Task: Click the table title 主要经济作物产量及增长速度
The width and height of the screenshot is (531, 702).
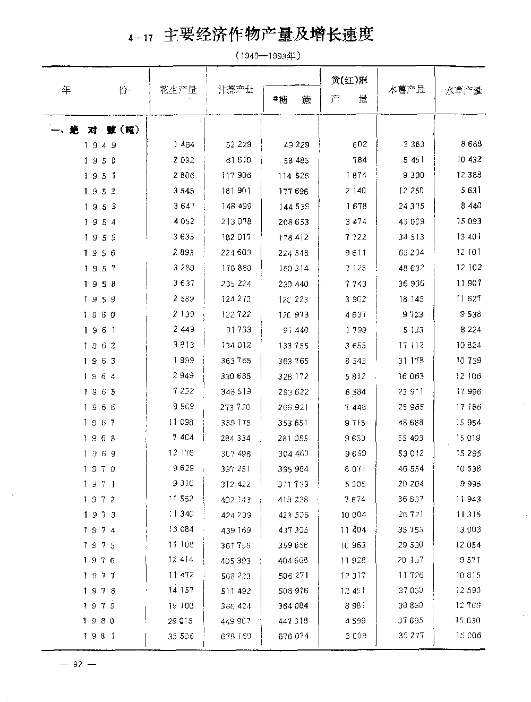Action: click(269, 35)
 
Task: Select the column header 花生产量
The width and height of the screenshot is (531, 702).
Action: click(178, 90)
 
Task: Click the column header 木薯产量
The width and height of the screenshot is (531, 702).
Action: click(406, 90)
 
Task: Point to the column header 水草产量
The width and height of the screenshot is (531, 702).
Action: click(463, 91)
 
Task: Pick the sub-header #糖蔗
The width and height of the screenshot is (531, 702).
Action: click(292, 100)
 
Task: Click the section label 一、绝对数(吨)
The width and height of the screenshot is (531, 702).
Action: click(95, 130)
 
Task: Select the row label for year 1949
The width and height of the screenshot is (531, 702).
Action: click(100, 145)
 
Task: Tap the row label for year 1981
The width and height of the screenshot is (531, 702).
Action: click(100, 636)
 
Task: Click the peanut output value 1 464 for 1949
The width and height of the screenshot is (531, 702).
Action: click(184, 144)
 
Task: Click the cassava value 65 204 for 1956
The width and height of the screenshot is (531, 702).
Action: click(411, 253)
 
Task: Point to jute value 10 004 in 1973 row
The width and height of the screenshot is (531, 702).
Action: click(354, 515)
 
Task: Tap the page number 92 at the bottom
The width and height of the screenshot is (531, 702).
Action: click(78, 664)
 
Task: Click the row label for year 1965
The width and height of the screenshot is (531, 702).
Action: click(100, 392)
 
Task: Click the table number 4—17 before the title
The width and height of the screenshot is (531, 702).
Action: click(141, 38)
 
